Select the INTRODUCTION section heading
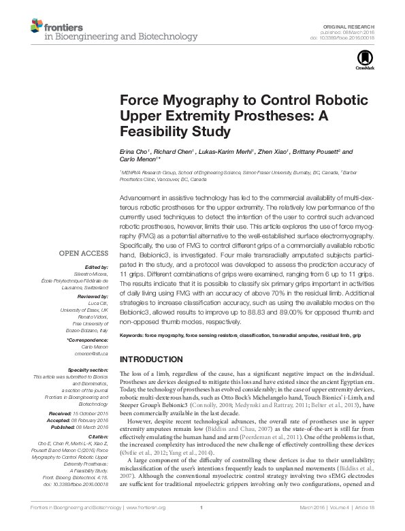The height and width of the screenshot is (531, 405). [151, 359]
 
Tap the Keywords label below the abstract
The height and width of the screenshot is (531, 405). [135, 336]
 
